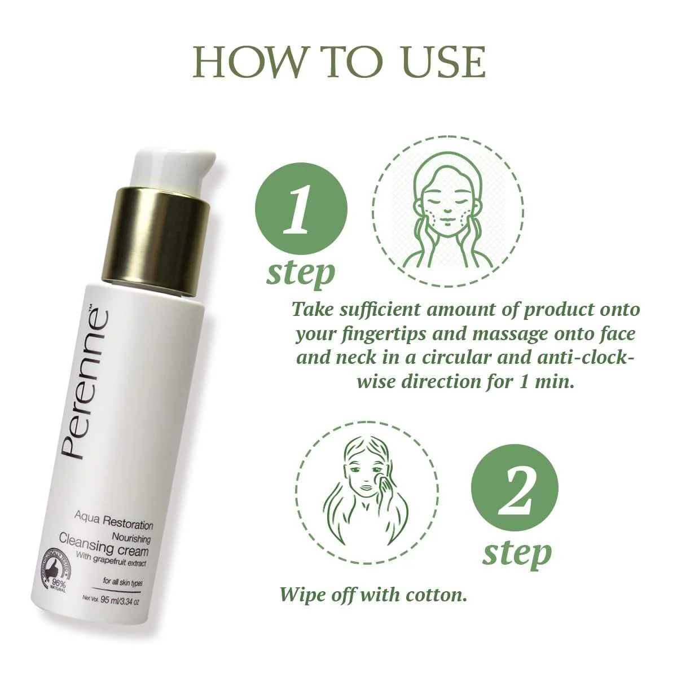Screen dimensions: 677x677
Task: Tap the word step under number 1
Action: (x=301, y=273)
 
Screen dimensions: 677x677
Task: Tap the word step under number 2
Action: (x=517, y=553)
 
